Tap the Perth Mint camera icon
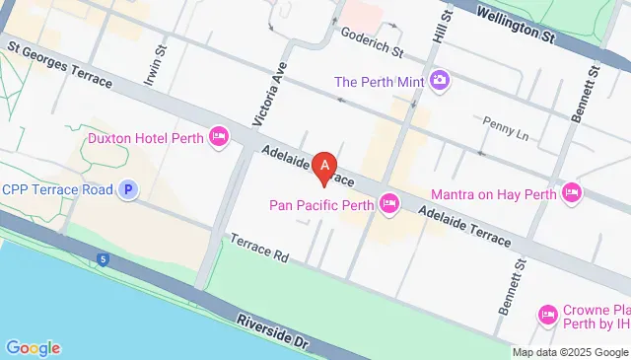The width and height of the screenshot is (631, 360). click(440, 79)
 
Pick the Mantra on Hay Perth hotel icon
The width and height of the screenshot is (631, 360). click(571, 192)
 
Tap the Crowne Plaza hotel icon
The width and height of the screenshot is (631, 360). click(548, 316)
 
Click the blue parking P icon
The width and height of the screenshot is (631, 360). click(127, 189)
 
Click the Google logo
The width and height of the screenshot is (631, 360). click(33, 347)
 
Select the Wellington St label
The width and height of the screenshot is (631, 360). click(516, 25)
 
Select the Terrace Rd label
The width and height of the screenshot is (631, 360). click(258, 248)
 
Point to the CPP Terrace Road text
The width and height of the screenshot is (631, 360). click(56, 189)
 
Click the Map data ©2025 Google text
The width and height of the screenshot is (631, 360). click(570, 352)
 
